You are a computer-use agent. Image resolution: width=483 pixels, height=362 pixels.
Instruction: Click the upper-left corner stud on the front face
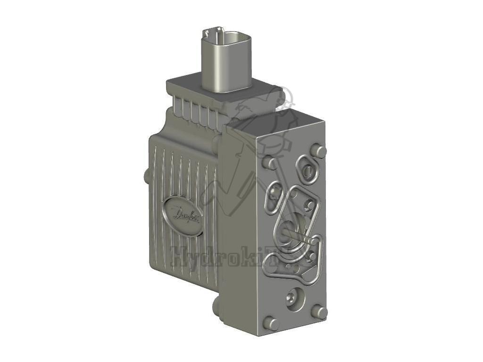point(270,163)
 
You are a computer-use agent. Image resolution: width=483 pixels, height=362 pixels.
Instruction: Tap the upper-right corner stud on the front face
point(320,151)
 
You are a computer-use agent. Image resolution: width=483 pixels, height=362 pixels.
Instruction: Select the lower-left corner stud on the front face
point(271,323)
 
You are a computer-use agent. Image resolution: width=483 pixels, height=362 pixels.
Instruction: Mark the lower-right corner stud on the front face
point(320,312)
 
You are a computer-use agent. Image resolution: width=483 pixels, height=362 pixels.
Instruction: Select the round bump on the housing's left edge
point(148,175)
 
